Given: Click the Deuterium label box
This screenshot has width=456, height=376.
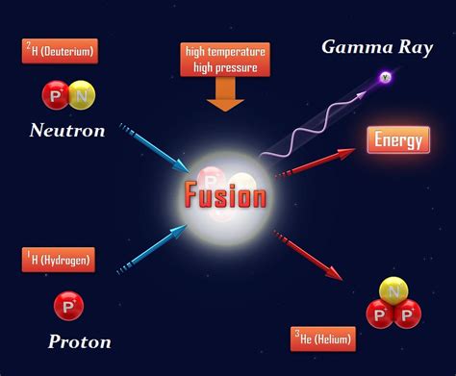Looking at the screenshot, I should (60, 51).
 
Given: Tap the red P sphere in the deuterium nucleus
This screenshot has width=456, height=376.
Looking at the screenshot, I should (55, 95).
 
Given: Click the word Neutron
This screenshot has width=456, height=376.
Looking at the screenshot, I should (66, 131).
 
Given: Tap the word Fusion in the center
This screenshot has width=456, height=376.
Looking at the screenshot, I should (224, 196).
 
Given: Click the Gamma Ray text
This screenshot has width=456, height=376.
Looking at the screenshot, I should (369, 46).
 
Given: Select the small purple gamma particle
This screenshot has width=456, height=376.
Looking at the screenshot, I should (386, 76).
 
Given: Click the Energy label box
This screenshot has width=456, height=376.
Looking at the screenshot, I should (398, 139).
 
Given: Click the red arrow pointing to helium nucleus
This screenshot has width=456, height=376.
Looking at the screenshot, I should (310, 254).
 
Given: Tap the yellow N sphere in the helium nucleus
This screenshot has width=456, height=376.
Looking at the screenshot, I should (393, 288).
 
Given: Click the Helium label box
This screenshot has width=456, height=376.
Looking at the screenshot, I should (323, 338).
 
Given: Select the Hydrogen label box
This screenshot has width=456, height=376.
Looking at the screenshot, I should (58, 259).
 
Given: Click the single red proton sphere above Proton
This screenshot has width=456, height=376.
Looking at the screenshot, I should (67, 305).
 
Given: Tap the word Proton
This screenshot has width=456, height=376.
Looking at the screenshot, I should (79, 341).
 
